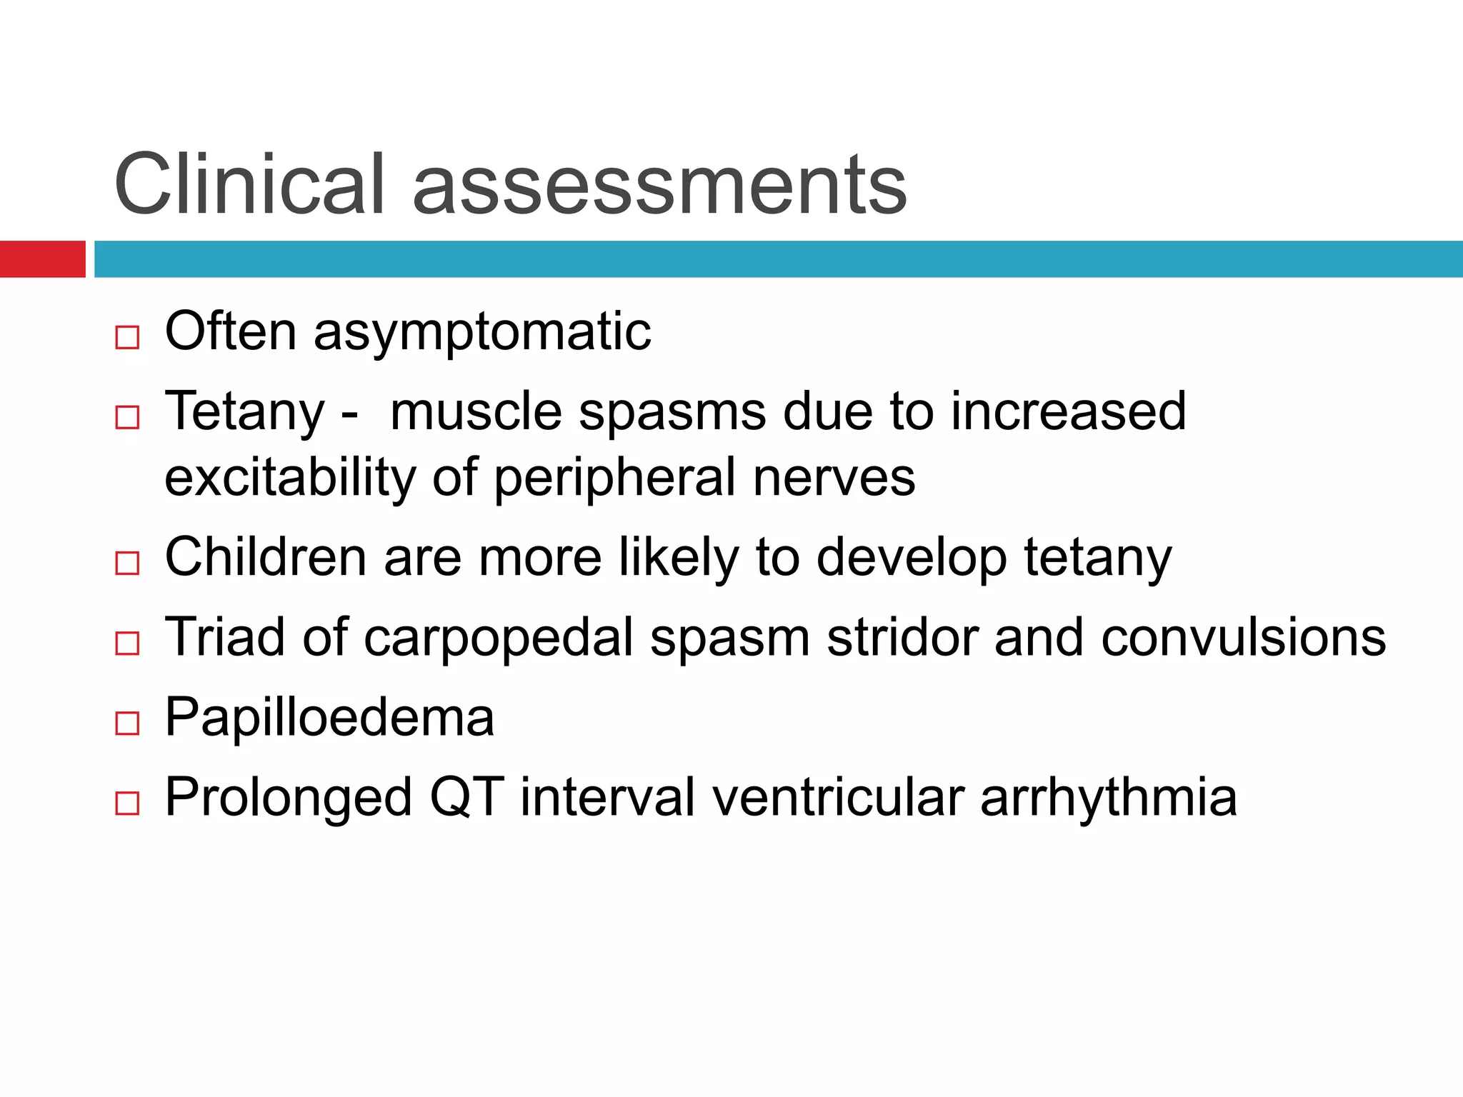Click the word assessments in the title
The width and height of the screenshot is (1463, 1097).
coord(659,187)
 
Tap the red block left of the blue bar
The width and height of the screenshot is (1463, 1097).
coord(42,259)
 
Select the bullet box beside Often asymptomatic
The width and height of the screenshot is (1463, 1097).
coord(127,337)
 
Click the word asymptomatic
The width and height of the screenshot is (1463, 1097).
coord(482,333)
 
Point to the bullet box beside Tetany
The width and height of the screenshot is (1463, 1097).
coord(127,417)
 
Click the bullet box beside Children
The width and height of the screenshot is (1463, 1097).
coord(127,563)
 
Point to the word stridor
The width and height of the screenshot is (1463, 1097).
coord(902,636)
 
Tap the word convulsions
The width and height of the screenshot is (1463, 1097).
coord(1243,637)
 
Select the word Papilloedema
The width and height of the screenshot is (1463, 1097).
coord(329,718)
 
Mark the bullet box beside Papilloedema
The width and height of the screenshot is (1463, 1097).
coord(127,723)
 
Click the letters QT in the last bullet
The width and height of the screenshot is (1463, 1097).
coord(467,797)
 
